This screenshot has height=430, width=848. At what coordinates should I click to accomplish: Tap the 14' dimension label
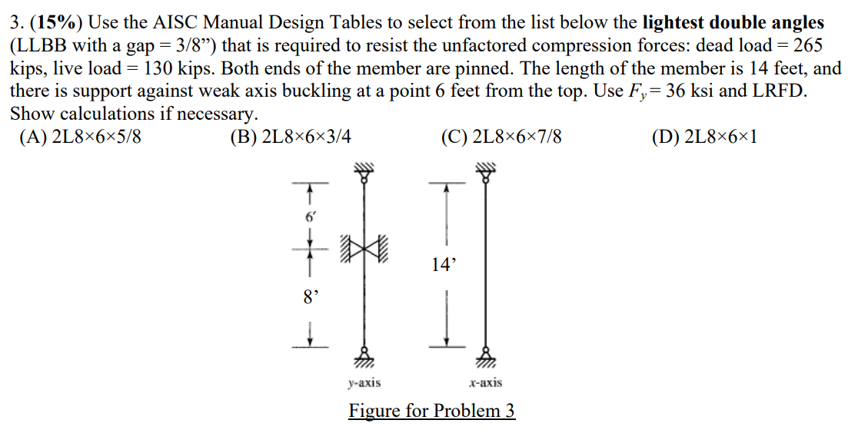coord(444,266)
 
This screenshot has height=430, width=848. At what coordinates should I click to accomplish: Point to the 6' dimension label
coord(310,217)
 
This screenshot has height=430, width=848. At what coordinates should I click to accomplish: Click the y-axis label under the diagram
coord(364,382)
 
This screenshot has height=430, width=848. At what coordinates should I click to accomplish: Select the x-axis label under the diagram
coord(486,382)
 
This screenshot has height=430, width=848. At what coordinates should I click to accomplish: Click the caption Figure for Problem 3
coord(431,410)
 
